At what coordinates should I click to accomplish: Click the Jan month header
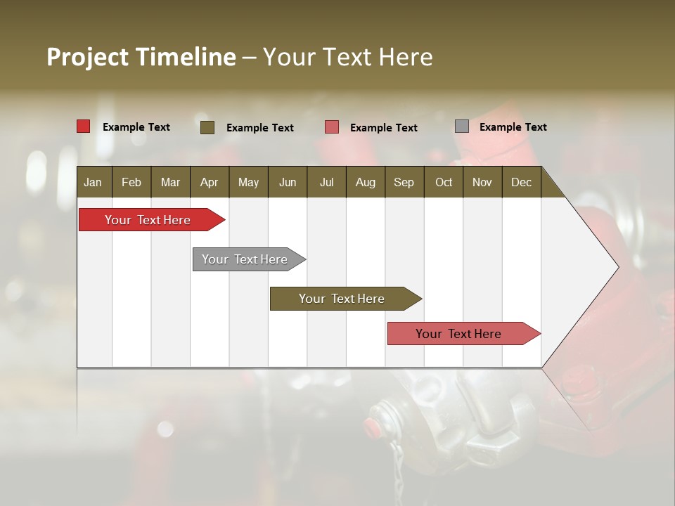pyautogui.click(x=93, y=182)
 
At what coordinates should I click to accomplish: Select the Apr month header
pyautogui.click(x=209, y=182)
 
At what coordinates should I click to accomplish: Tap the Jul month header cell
pyautogui.click(x=326, y=182)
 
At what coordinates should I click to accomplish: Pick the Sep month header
pyautogui.click(x=404, y=182)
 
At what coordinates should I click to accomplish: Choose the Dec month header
pyautogui.click(x=521, y=182)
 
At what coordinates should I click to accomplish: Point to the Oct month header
pyautogui.click(x=444, y=182)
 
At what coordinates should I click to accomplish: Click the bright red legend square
pyautogui.click(x=84, y=126)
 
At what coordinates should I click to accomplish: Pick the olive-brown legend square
pyautogui.click(x=207, y=127)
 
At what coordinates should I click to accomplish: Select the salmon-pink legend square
pyautogui.click(x=332, y=127)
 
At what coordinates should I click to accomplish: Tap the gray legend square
pyautogui.click(x=462, y=126)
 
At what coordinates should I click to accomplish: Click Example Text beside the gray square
pyautogui.click(x=513, y=127)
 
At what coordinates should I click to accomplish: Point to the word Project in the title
pyautogui.click(x=88, y=57)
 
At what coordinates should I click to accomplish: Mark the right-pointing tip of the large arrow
pyautogui.click(x=617, y=267)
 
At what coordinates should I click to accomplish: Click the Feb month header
pyautogui.click(x=131, y=182)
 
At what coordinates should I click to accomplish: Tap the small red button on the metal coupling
pyautogui.click(x=371, y=424)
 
